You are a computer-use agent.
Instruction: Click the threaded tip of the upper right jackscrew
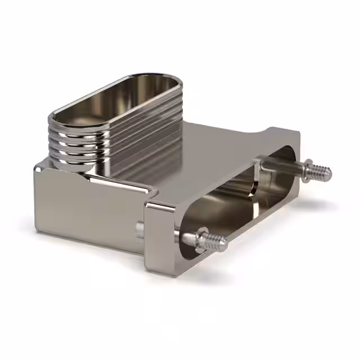pos(322,171)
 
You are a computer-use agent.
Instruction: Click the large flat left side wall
pos(84,208)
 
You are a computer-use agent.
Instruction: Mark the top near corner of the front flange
pos(152,204)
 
